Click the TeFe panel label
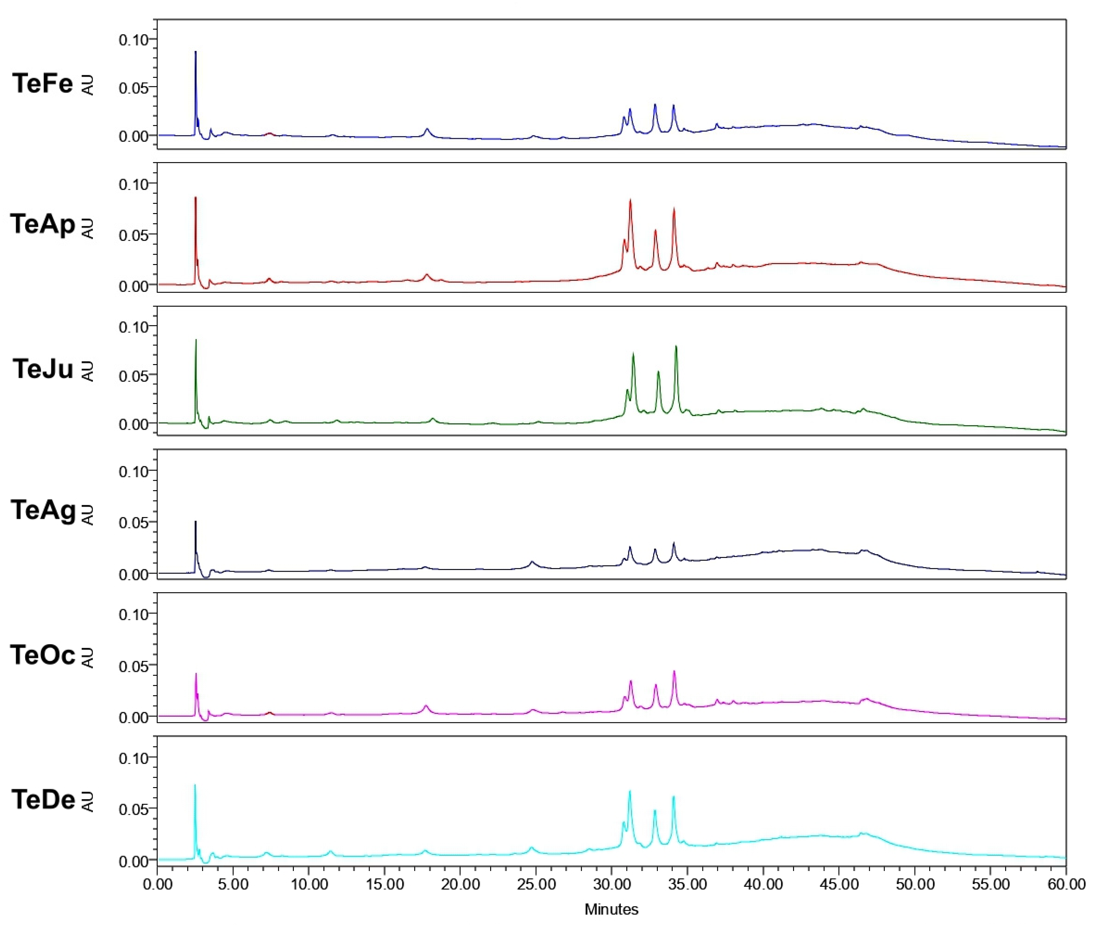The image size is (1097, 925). [x=43, y=84]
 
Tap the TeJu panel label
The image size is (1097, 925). [x=43, y=369]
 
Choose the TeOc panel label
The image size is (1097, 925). [x=43, y=655]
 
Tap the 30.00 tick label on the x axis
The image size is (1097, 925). [x=612, y=885]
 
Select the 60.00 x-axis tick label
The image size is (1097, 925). [x=1065, y=885]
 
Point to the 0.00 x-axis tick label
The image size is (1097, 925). [x=158, y=885]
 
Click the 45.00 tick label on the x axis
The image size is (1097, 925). [x=838, y=885]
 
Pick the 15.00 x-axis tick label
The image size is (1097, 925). [x=385, y=885]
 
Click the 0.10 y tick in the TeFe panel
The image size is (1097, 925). [x=134, y=40]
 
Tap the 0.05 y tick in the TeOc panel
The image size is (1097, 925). [x=134, y=665]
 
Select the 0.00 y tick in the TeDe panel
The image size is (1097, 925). [x=134, y=861]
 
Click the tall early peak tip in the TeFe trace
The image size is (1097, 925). [x=196, y=52]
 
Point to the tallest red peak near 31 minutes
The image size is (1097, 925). [x=630, y=200]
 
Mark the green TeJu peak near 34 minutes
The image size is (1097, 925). [x=676, y=346]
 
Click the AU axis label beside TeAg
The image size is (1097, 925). [x=88, y=514]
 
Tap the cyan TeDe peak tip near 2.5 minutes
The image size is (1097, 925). [x=195, y=785]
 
